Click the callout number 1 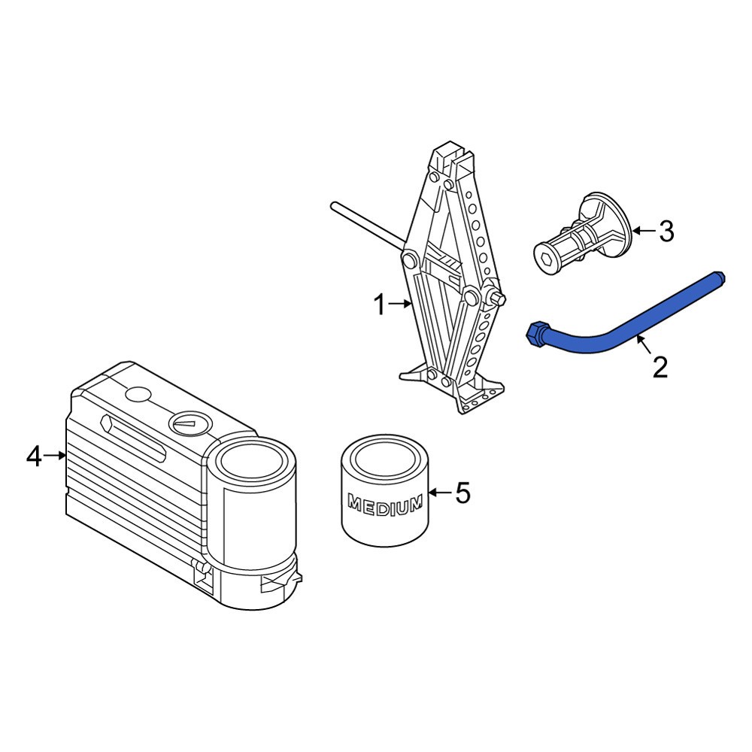379,305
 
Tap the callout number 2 660,367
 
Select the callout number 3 666,231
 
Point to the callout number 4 34,456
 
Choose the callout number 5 462,493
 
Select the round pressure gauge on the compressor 190,423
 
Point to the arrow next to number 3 644,231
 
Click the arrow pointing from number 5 440,493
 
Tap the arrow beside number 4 54,456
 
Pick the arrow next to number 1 400,304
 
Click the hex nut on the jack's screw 497,297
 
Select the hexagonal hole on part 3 544,260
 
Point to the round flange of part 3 606,223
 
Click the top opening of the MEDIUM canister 386,456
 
